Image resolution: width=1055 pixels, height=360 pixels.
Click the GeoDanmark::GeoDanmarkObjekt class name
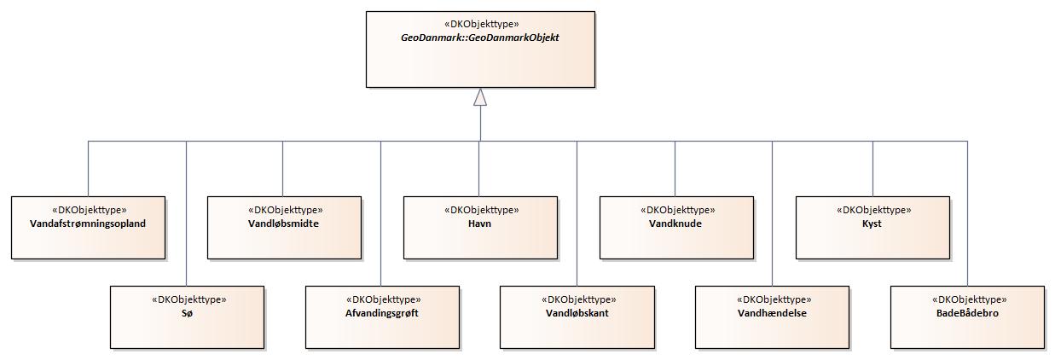click(x=479, y=39)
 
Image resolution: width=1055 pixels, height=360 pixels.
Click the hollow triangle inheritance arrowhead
click(x=480, y=97)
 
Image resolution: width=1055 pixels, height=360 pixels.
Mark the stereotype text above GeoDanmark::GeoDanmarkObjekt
click(x=479, y=25)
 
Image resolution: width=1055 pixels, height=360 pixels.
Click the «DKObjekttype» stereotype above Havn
click(x=480, y=209)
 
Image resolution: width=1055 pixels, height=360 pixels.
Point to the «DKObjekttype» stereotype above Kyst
click(x=872, y=209)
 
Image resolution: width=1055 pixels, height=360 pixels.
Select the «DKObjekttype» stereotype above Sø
click(x=188, y=299)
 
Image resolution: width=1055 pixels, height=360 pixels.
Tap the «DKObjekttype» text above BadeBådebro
click(x=967, y=299)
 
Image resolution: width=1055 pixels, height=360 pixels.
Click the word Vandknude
click(x=675, y=224)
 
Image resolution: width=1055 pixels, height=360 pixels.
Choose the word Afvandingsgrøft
click(x=382, y=313)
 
